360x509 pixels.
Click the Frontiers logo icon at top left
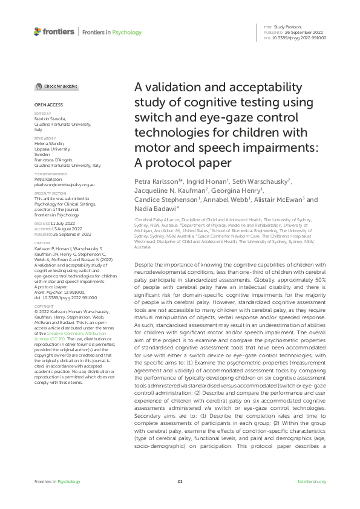38,31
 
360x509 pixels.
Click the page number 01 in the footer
180,481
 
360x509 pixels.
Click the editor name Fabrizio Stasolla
50,118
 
